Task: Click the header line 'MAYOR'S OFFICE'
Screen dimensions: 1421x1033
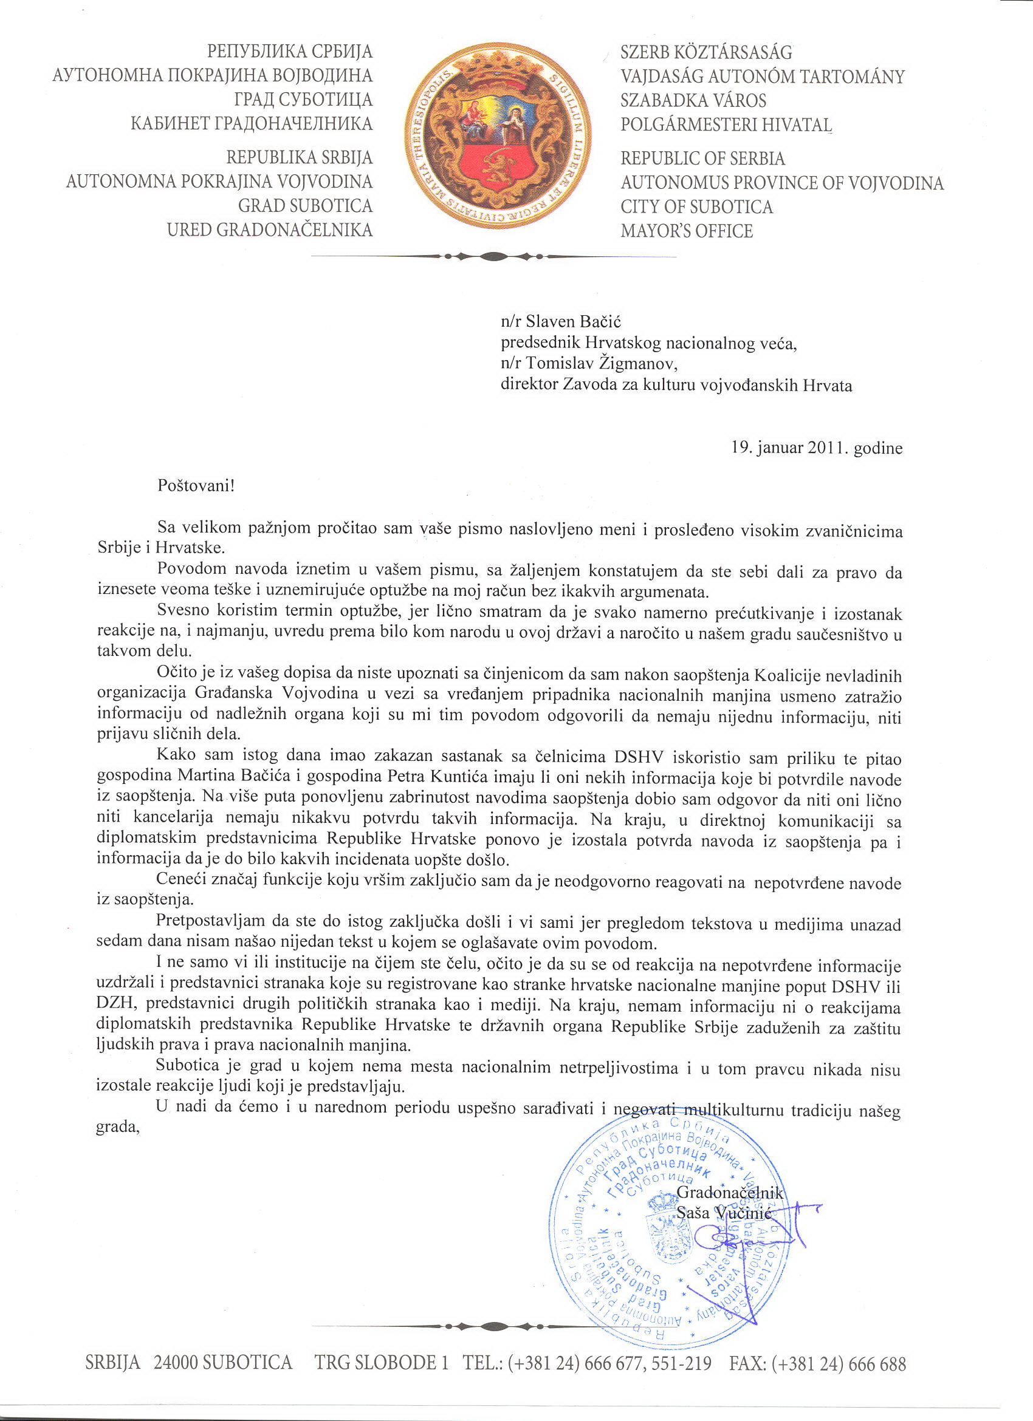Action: click(687, 231)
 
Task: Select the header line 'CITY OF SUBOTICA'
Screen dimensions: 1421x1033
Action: click(696, 206)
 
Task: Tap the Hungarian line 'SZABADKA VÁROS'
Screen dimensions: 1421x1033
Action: click(693, 100)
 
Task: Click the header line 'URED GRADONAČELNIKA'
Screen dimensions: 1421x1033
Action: click(270, 230)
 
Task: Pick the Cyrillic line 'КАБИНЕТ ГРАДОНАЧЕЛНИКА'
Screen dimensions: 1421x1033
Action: click(252, 123)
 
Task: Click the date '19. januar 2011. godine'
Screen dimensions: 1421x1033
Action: click(817, 448)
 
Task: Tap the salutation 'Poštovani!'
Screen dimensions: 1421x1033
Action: click(196, 486)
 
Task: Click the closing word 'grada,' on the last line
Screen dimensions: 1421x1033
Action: click(117, 1127)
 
